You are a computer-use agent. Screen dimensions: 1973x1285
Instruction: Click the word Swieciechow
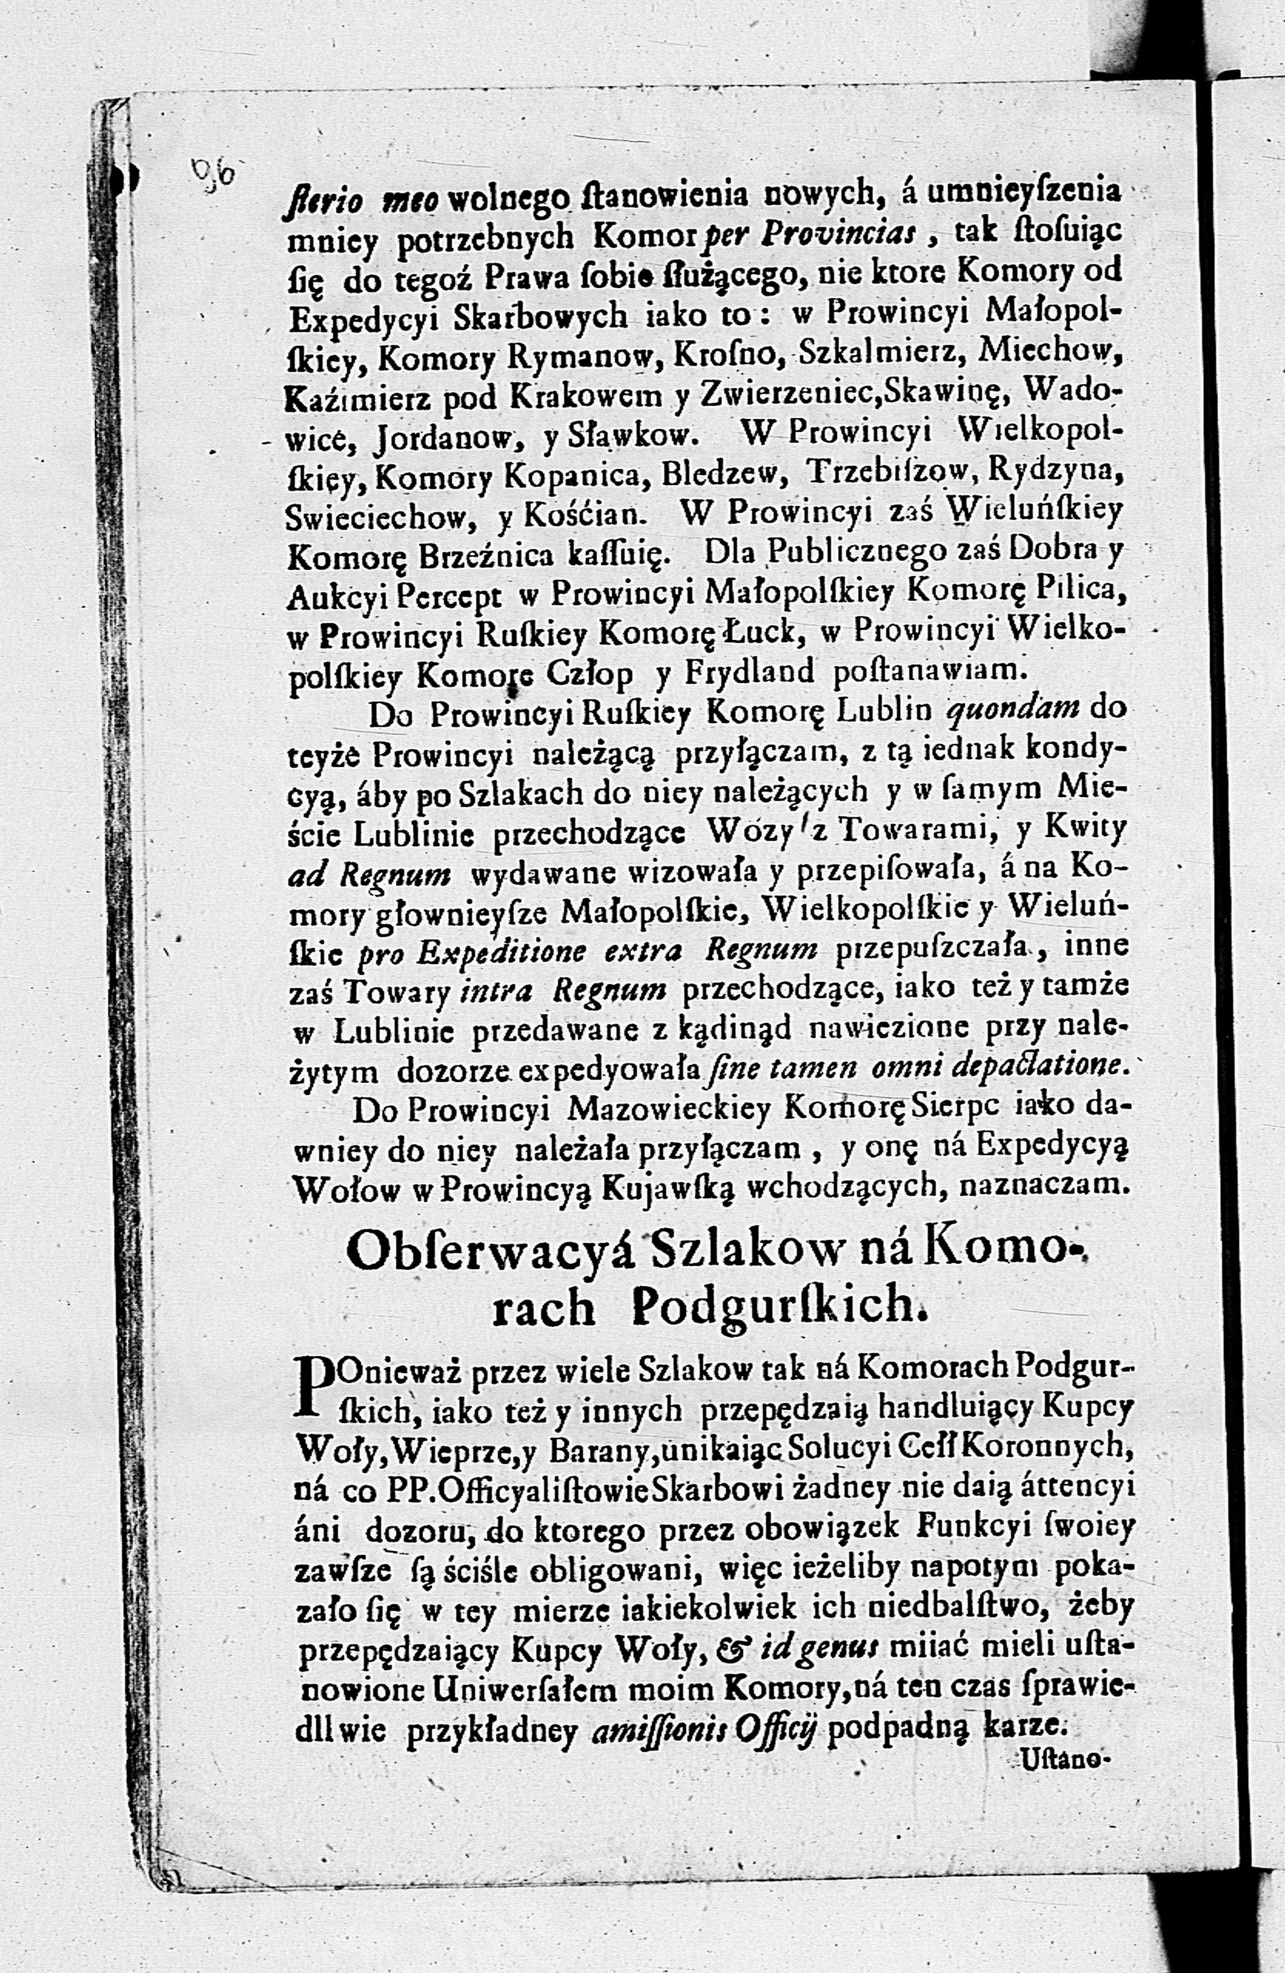379,517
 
